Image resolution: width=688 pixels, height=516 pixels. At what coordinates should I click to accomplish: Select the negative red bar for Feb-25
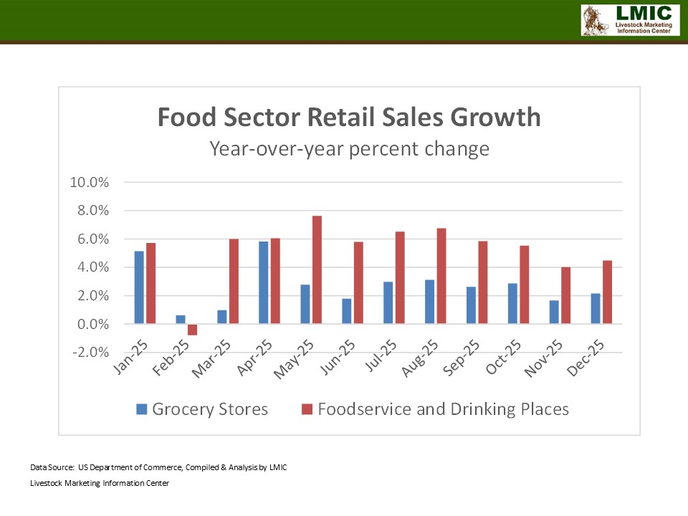(x=192, y=330)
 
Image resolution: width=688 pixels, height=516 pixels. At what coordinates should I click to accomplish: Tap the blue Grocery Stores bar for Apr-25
(x=264, y=282)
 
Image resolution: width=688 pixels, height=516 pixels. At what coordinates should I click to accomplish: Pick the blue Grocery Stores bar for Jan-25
(x=139, y=287)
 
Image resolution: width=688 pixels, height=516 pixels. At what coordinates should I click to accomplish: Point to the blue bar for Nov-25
(x=555, y=312)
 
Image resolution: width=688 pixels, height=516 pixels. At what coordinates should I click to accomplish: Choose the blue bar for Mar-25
(x=222, y=317)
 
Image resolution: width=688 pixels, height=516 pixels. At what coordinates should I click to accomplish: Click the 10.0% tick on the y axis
(x=89, y=182)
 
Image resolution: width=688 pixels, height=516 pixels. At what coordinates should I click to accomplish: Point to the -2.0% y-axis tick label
(x=89, y=353)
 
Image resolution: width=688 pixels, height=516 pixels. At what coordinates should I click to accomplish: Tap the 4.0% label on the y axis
(x=92, y=267)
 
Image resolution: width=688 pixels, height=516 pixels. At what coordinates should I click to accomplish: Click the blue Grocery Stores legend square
(x=141, y=409)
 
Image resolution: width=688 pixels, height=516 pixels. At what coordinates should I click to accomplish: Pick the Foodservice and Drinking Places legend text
(x=443, y=409)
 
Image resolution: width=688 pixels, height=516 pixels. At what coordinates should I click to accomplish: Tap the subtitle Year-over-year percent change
(x=349, y=149)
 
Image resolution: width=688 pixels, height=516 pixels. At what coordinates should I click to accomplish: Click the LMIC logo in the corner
(x=629, y=19)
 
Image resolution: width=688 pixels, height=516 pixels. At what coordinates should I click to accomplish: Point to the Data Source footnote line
(x=158, y=467)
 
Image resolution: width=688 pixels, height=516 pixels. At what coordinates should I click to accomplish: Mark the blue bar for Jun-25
(x=347, y=311)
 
